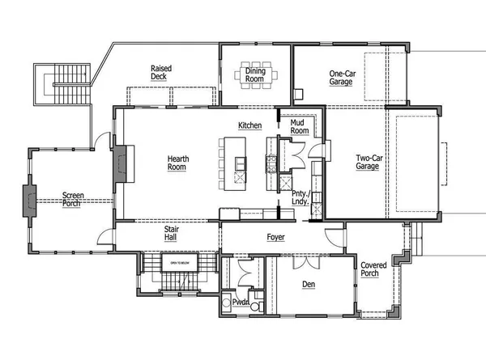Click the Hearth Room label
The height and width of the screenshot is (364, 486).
(x=178, y=163)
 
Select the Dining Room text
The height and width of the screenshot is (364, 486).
(x=255, y=75)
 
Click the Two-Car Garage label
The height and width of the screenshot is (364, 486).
(x=369, y=162)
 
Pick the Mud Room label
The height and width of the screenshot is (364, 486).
(x=300, y=126)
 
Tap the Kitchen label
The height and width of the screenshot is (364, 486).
(x=249, y=125)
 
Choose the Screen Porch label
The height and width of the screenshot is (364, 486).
(x=74, y=199)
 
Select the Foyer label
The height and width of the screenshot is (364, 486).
(x=276, y=238)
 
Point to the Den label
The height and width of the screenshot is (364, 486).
(x=309, y=285)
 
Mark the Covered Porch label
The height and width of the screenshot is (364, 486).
(x=373, y=269)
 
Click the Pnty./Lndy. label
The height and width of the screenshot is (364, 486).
(x=299, y=199)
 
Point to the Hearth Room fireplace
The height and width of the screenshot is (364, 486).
(x=120, y=167)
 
